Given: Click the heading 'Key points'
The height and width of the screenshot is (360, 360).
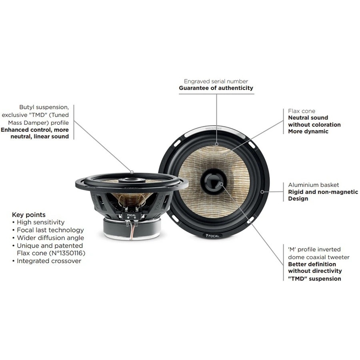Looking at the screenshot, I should (29, 214).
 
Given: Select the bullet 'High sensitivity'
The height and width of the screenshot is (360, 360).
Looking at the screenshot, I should (40, 222).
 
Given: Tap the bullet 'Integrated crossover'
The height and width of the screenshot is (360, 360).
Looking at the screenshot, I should (49, 261).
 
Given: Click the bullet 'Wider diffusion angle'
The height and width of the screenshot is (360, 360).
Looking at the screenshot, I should (50, 238).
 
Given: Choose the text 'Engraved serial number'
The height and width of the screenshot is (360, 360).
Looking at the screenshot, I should (216, 81).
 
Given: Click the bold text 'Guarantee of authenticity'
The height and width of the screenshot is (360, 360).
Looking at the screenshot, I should (216, 88).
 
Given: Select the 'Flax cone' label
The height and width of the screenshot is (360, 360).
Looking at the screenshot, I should (302, 111).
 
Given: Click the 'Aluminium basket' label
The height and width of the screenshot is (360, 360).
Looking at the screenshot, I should (314, 185).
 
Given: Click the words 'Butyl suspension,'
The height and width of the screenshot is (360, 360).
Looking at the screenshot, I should (44, 107).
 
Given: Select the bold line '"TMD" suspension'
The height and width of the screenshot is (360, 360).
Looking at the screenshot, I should (314, 279).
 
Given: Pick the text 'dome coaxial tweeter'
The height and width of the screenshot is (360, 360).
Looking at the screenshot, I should (319, 257).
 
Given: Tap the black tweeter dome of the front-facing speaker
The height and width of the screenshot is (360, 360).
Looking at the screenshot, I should (214, 182).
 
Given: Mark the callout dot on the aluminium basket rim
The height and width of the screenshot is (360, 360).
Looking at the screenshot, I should (262, 192).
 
